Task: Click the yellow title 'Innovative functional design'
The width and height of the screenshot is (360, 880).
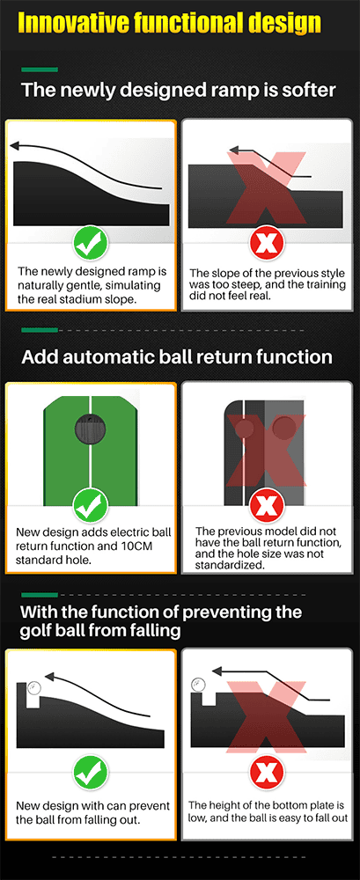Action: point(170,24)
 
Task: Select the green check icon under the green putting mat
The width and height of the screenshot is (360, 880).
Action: point(91,504)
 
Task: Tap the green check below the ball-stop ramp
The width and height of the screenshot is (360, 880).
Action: point(91,774)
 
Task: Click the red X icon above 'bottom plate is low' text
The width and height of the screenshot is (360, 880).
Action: point(268,774)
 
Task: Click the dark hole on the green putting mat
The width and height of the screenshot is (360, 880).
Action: point(90,430)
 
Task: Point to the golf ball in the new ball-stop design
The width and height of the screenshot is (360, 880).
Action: point(33,687)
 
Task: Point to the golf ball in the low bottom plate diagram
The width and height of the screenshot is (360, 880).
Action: point(197,684)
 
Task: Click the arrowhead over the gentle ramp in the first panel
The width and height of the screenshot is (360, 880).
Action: point(16,146)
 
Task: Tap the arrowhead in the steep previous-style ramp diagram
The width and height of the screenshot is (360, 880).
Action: point(233,151)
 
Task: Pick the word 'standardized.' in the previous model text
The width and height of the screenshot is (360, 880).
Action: point(229,566)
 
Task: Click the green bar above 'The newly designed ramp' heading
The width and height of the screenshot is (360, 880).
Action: point(40,70)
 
